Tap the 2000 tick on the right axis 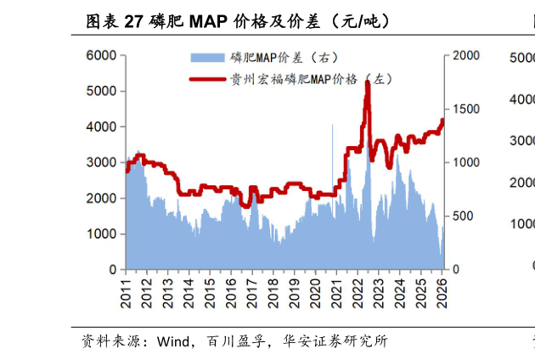(467, 55)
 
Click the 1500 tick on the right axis (467, 109)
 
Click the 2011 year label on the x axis (126, 291)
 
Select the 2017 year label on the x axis (252, 291)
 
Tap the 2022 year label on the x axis (358, 291)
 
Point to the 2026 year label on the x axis (442, 291)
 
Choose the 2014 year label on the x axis (189, 291)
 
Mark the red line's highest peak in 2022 (367, 83)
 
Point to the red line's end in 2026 (442, 120)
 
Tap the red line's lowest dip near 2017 (245, 205)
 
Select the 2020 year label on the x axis (315, 291)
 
